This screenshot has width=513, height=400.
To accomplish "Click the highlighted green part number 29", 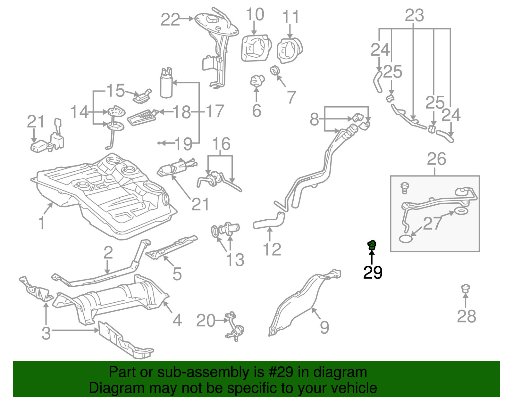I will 372,245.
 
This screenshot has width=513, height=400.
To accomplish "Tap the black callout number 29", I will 373,273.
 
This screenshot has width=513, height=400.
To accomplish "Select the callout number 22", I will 170,20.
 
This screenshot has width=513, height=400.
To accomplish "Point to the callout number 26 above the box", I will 436,159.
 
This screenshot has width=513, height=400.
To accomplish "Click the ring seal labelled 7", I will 274,70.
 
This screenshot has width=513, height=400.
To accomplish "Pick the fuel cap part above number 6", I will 257,80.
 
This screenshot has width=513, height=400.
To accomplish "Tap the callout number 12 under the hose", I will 272,249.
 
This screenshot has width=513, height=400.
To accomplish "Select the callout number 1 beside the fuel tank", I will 41,223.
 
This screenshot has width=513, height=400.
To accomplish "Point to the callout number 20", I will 206,321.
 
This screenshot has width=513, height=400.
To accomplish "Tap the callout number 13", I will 235,260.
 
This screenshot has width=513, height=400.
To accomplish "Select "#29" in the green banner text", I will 279,372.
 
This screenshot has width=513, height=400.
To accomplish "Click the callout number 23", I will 414,15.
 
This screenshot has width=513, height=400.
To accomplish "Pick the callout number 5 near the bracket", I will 177,274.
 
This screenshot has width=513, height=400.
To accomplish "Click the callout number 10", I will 255,15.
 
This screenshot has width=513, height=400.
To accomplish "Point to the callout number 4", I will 177,320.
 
